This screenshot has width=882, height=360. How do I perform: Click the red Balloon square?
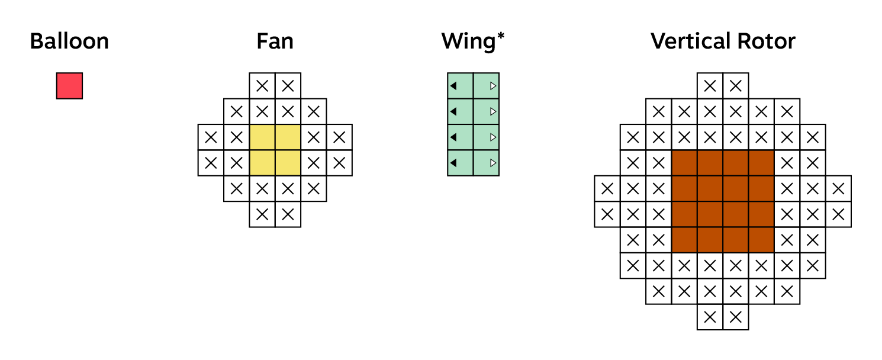pyautogui.click(x=69, y=86)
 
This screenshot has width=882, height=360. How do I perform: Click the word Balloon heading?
pyautogui.click(x=69, y=41)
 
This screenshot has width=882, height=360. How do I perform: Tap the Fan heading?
pyautogui.click(x=275, y=41)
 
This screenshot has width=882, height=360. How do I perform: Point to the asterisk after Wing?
pyautogui.click(x=501, y=37)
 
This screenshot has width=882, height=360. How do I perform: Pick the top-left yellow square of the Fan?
pyautogui.click(x=262, y=137)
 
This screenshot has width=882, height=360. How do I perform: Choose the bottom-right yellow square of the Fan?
pyautogui.click(x=288, y=163)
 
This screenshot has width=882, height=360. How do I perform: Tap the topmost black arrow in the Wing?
pyautogui.click(x=453, y=86)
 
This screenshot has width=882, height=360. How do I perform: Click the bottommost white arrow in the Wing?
pyautogui.click(x=492, y=163)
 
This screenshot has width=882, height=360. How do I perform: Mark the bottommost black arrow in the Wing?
pyautogui.click(x=453, y=163)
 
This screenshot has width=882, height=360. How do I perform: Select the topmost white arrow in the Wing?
pyautogui.click(x=492, y=86)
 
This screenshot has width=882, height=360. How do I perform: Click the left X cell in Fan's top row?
pyautogui.click(x=262, y=86)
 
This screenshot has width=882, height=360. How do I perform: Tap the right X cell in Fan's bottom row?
pyautogui.click(x=288, y=214)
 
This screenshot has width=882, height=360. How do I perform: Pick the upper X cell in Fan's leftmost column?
pyautogui.click(x=211, y=137)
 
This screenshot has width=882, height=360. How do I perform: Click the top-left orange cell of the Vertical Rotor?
pyautogui.click(x=685, y=163)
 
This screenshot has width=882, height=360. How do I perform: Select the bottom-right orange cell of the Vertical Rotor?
pyautogui.click(x=762, y=240)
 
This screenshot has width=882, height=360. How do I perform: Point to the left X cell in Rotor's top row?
pyautogui.click(x=710, y=86)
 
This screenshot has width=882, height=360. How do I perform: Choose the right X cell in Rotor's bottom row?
pyautogui.click(x=736, y=317)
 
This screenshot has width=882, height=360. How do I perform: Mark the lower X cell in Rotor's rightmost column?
pyautogui.click(x=838, y=214)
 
